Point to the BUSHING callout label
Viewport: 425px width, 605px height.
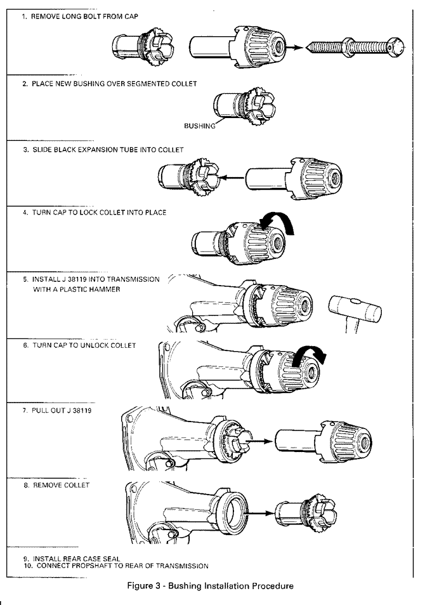click(199, 126)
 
